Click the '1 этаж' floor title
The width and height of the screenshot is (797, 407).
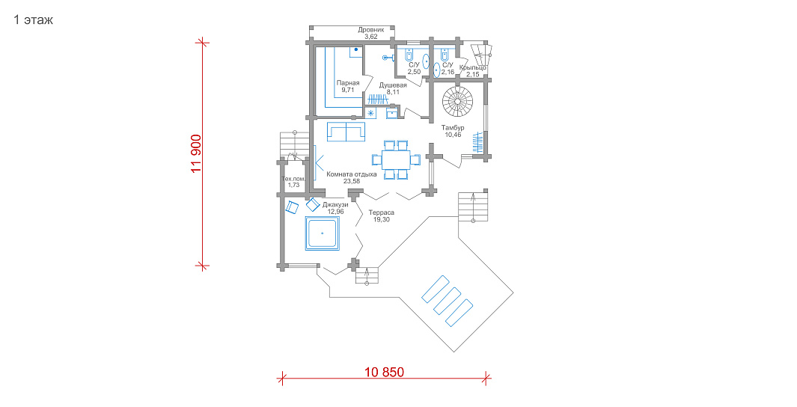33,19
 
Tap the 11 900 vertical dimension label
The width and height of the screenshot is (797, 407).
196,154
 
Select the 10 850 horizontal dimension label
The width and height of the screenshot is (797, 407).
384,372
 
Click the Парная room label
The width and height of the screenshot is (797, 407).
348,83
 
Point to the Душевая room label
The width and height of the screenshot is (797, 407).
393,85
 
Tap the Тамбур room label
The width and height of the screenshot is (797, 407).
452,127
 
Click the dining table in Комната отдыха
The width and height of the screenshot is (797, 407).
397,160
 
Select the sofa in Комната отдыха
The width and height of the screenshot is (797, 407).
346,131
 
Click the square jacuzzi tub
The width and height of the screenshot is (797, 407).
322,233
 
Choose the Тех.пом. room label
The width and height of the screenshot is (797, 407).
294,179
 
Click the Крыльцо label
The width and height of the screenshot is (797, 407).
473,67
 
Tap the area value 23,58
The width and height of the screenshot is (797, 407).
351,181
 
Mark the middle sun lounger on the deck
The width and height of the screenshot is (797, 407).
447,301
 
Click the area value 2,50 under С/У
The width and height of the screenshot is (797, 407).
414,72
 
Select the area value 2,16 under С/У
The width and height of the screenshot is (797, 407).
448,72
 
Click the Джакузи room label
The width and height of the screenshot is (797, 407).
335,205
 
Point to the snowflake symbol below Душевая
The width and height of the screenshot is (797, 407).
370,113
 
